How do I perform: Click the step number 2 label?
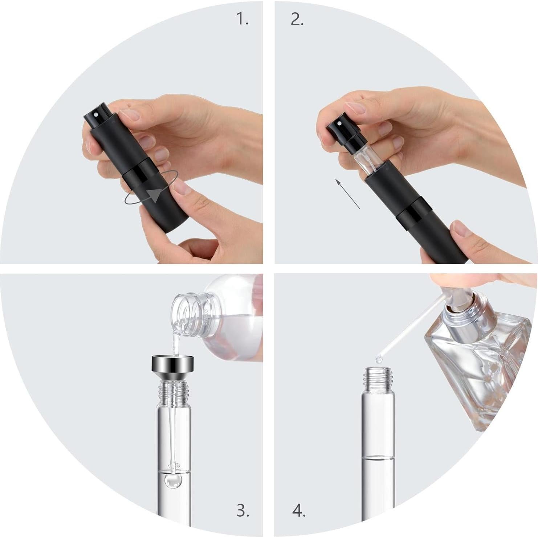297,19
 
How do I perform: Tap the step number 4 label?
299,511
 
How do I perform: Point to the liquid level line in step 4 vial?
378,457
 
